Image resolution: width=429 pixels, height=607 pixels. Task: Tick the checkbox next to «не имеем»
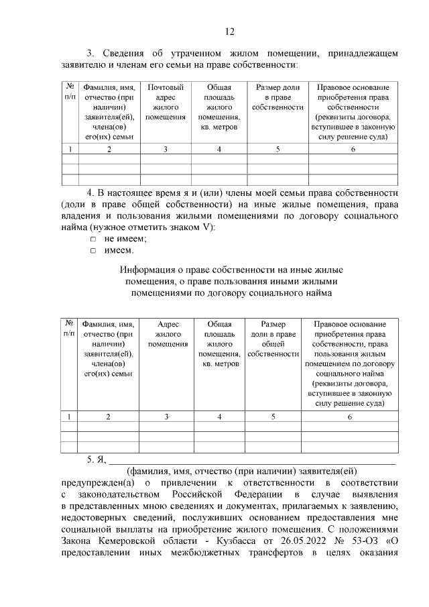coord(93,239)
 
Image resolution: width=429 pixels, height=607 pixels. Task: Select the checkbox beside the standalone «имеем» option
coord(93,251)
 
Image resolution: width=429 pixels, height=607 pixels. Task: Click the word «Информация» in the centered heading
coord(148,270)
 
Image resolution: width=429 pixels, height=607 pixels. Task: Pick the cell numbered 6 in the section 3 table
coord(353,148)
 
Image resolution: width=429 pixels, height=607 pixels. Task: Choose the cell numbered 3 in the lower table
coord(167,417)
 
